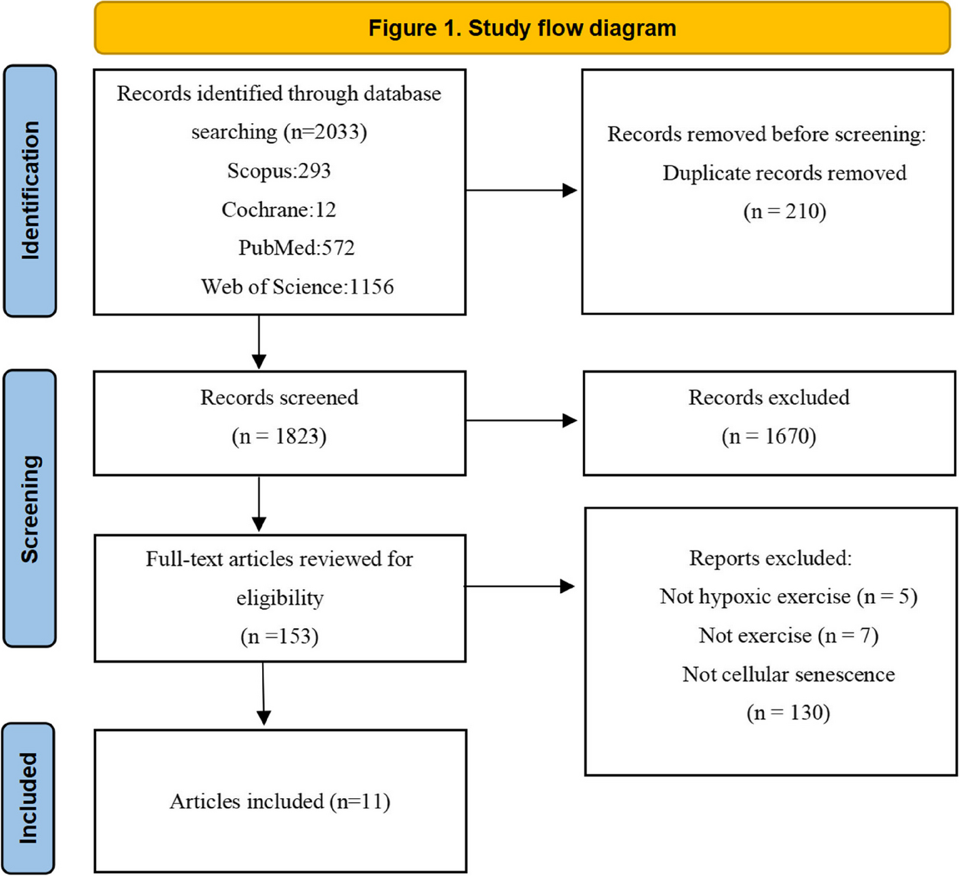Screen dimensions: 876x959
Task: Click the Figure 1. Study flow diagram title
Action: pos(521,28)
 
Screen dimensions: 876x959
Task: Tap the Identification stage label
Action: pos(30,190)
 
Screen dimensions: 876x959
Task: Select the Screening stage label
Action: pos(30,508)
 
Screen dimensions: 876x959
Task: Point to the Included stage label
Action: pos(28,798)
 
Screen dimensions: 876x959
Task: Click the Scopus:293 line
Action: pos(279,171)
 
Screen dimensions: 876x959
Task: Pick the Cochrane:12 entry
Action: pos(279,210)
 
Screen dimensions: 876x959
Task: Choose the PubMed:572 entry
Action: pos(296,248)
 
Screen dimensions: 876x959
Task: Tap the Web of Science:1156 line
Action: pos(297,287)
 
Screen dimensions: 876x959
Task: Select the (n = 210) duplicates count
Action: pos(784,211)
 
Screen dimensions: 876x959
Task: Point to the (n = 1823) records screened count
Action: pos(279,436)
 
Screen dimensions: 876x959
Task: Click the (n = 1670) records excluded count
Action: pos(769,436)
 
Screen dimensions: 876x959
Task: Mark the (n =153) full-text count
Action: pos(279,636)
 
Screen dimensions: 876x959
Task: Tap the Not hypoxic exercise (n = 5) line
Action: pos(788,596)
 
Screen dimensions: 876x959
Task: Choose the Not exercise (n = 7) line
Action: pos(788,636)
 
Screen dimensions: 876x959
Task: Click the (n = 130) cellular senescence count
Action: pos(788,713)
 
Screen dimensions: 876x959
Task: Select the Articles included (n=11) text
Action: pos(280,802)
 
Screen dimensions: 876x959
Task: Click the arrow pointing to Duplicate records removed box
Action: pos(521,191)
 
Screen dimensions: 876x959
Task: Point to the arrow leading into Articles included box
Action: pos(263,694)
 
